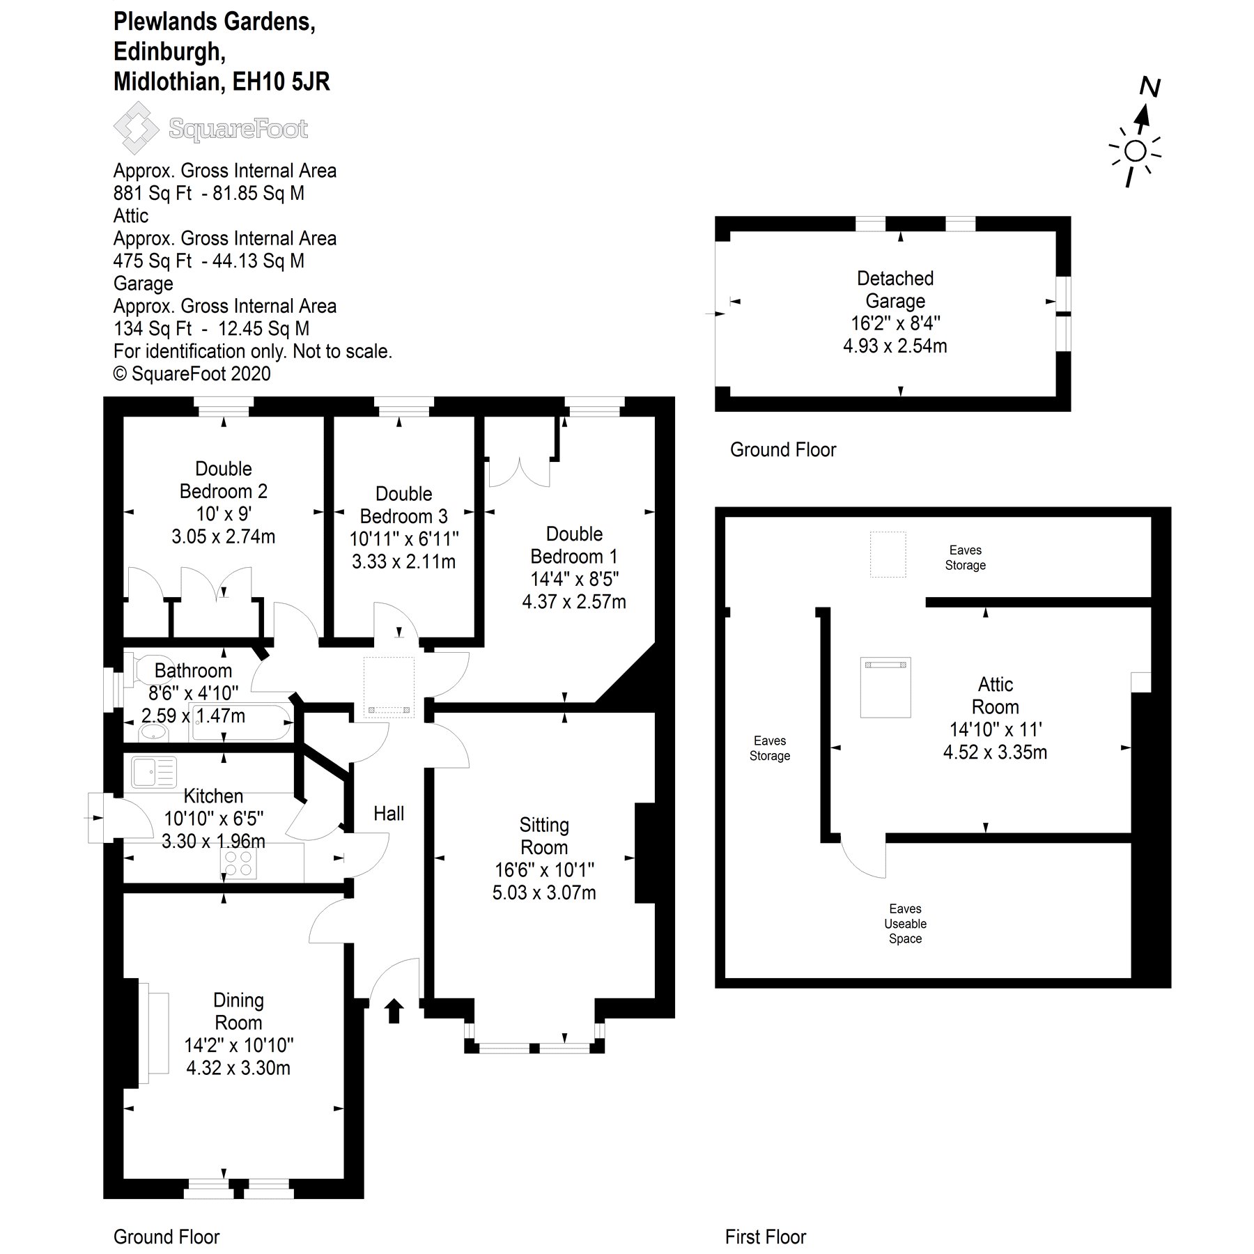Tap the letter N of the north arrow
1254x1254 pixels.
[x=1149, y=88]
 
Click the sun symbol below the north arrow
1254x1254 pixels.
[x=1135, y=151]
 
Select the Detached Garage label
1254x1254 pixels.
[x=895, y=290]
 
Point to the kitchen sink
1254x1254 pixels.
[x=153, y=773]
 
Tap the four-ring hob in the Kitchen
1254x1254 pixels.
[x=238, y=864]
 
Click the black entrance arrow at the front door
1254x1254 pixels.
[x=394, y=1011]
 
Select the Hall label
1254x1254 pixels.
[x=389, y=814]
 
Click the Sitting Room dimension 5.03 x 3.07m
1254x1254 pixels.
[x=544, y=892]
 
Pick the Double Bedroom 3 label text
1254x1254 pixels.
[x=404, y=505]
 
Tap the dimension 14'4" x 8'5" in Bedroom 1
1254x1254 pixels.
[x=574, y=579]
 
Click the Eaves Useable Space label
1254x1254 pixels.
[x=905, y=924]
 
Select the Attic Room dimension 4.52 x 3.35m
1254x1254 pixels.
[x=995, y=752]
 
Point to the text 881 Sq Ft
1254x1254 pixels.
[x=152, y=194]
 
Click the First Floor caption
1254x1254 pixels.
[x=765, y=1237]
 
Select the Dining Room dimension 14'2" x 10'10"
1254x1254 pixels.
[x=238, y=1045]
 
